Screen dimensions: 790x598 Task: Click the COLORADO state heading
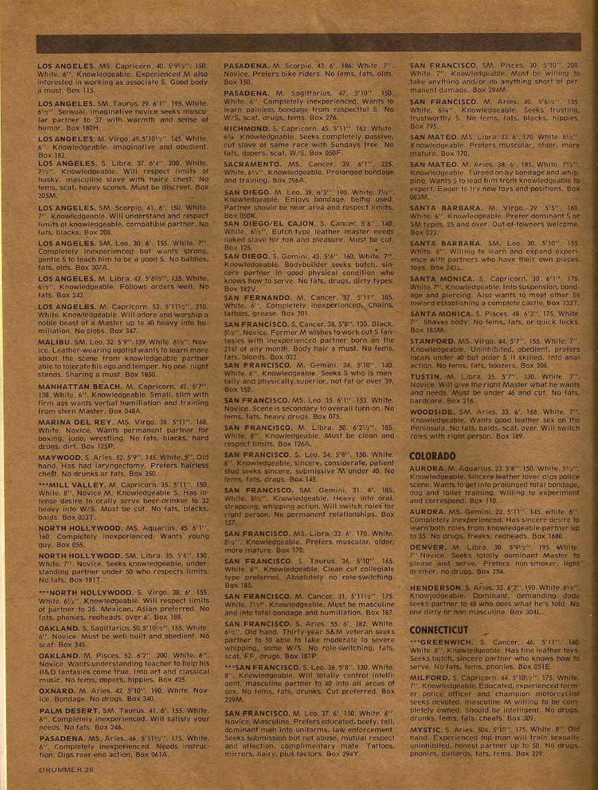click(x=432, y=456)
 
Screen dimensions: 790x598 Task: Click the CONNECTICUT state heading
click(x=438, y=630)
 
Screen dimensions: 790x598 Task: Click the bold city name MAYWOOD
click(x=59, y=457)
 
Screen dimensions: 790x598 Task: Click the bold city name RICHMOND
click(x=246, y=129)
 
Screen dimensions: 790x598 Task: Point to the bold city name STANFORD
click(x=432, y=341)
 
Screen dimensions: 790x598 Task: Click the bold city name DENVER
click(x=428, y=547)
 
